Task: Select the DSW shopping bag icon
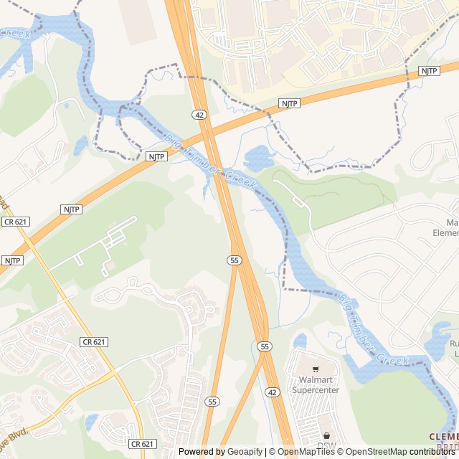point(327,435)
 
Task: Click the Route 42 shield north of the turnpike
point(198,115)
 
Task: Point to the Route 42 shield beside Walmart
point(272,392)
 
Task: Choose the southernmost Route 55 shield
point(212,402)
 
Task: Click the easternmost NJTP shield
point(428,70)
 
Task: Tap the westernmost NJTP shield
point(12,260)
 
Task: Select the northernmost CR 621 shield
point(15,222)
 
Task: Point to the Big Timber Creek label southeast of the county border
point(372,329)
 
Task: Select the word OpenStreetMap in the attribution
point(378,452)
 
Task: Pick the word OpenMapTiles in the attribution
point(306,452)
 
